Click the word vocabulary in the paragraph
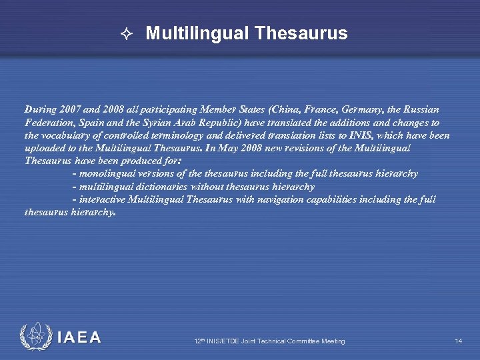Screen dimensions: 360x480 65,135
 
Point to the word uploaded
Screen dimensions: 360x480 46,148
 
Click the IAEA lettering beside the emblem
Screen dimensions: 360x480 79,337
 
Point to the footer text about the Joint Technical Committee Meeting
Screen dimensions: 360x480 269,341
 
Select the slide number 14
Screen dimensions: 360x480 459,341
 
